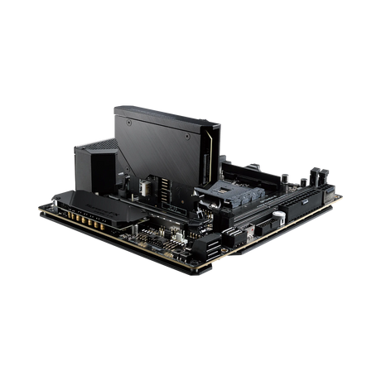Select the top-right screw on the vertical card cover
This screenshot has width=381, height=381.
click(x=197, y=131)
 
